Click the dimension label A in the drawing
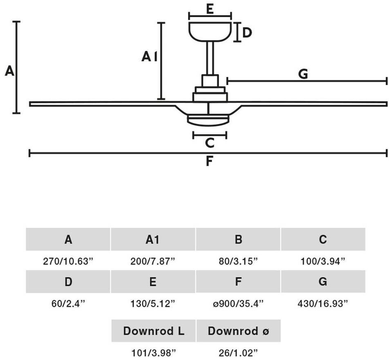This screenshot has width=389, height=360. point(9,71)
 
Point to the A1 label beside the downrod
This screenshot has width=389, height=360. point(150,57)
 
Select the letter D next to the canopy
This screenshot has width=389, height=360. point(247,32)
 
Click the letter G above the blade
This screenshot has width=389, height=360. point(303,74)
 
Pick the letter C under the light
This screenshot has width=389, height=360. point(210,143)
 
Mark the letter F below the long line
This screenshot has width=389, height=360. point(209,162)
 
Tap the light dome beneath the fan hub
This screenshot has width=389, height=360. point(208,119)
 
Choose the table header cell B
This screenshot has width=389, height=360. point(238,240)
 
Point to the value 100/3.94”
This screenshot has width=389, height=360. point(323,261)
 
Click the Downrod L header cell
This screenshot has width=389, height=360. point(154,331)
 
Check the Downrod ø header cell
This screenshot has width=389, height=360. point(238,331)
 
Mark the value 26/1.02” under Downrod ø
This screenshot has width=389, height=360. point(238,351)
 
